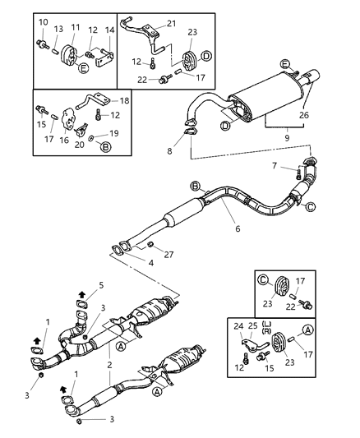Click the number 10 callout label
tap(44, 21)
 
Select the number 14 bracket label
tap(110, 30)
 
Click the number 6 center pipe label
tap(238, 228)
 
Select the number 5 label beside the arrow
tap(101, 286)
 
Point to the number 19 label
tap(114, 132)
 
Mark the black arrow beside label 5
tap(81, 293)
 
